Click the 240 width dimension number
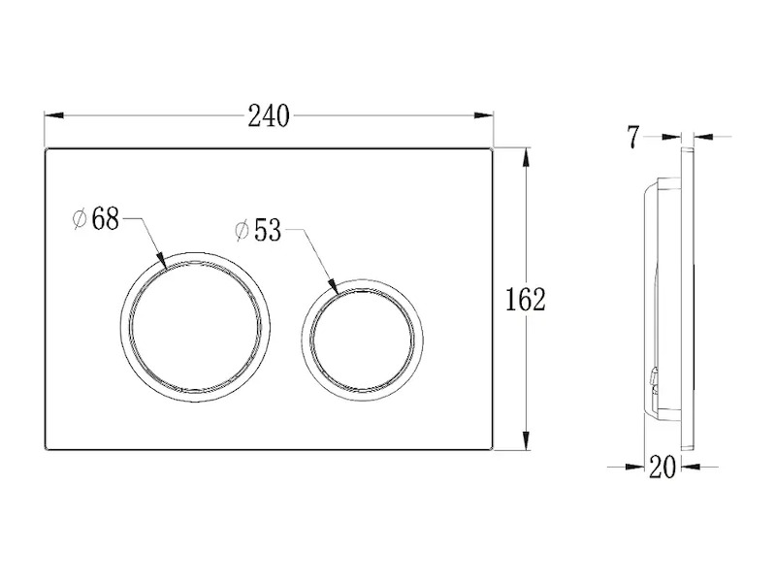click(x=269, y=116)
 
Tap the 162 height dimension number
click(x=525, y=300)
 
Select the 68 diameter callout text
click(x=106, y=219)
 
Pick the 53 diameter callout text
click(x=268, y=230)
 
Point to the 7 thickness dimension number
click(x=633, y=137)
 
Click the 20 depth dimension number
click(x=663, y=467)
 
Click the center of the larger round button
click(x=195, y=327)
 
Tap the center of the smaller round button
click(x=362, y=340)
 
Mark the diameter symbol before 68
click(x=80, y=219)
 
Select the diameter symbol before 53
click(x=242, y=231)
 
